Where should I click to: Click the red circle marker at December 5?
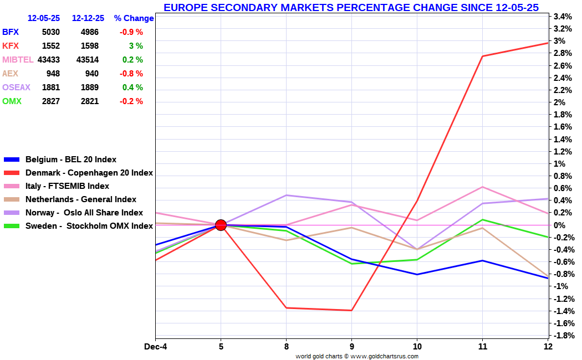click(221, 225)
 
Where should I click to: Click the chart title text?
click(351, 7)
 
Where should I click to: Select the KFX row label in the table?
click(11, 46)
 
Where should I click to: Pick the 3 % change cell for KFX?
click(136, 46)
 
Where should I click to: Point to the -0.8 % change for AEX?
click(131, 74)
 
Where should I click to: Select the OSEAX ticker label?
click(16, 88)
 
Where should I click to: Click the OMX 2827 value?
click(50, 101)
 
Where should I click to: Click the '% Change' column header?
click(134, 18)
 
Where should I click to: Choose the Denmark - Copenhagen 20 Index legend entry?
click(89, 173)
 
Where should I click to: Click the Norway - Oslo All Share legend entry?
click(84, 213)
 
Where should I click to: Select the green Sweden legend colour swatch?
click(12, 226)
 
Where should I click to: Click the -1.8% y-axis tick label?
click(561, 336)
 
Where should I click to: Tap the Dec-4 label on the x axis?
click(155, 347)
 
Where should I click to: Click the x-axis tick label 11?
click(483, 347)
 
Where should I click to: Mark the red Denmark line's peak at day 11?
click(483, 56)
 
